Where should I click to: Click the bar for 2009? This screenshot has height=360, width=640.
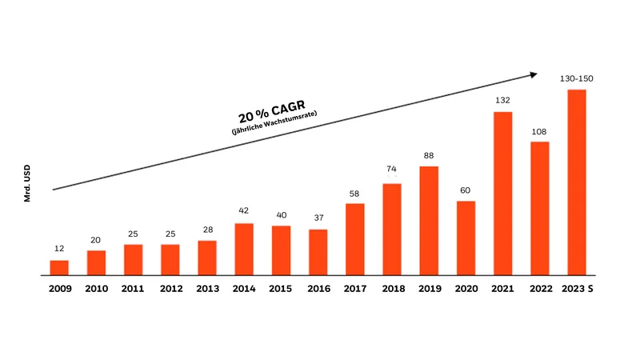(x=59, y=267)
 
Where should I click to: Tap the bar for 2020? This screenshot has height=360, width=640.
(x=466, y=238)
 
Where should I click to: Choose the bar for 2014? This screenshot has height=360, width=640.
(x=244, y=249)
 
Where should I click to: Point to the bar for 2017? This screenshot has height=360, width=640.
(x=355, y=239)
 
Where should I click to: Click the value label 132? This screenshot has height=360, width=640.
(x=502, y=100)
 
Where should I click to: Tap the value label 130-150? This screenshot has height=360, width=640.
(x=577, y=78)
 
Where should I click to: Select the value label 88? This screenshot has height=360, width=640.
(x=429, y=155)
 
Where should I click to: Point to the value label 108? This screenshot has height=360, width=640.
(x=540, y=130)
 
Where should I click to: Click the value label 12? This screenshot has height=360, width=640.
(x=59, y=249)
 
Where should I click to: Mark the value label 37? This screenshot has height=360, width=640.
(x=318, y=218)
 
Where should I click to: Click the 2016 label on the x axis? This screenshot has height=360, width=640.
(x=318, y=288)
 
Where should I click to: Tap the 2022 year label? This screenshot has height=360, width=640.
(x=540, y=288)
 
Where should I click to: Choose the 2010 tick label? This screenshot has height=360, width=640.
(x=96, y=288)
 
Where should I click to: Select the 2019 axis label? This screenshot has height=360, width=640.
(x=429, y=288)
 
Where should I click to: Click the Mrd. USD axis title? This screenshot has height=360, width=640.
(x=27, y=183)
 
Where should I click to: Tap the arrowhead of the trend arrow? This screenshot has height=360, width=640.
(x=533, y=75)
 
